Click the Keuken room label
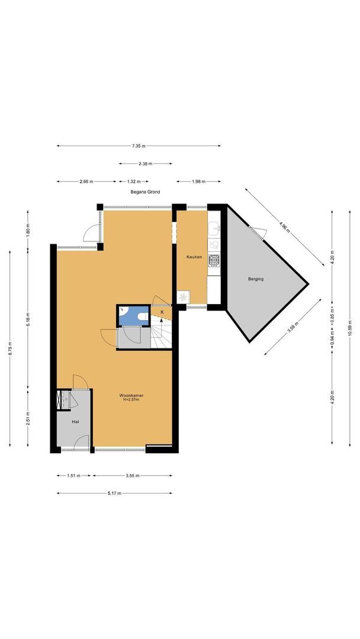point(194,257)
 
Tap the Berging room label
point(256,279)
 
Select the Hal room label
point(75,422)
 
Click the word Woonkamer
point(131,395)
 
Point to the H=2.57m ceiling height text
point(131,400)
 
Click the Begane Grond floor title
point(145,192)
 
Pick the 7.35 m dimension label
point(139,146)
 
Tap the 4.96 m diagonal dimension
point(285,227)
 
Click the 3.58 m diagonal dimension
point(292,327)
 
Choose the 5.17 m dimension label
point(114,493)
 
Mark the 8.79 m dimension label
point(10,349)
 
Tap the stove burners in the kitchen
point(214,259)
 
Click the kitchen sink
point(214,230)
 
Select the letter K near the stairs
point(162,312)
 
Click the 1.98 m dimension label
point(198,182)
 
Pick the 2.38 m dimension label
point(145,163)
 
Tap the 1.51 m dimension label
point(74,475)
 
